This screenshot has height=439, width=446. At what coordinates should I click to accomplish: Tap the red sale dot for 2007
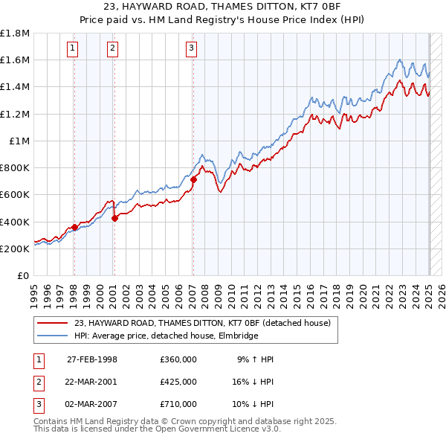coord(193,179)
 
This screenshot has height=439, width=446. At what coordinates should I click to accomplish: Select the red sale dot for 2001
coord(115,218)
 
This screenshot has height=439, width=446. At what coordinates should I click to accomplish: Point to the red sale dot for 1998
coord(75,227)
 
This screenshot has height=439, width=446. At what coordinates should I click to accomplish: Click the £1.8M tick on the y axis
coord(15,33)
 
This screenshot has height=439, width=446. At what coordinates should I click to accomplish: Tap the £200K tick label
coord(15,249)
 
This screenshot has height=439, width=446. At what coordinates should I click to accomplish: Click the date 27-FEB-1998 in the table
coord(92,359)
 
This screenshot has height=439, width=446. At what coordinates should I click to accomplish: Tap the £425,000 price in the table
coord(178,382)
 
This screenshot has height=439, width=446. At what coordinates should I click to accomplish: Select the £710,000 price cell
coord(178,404)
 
